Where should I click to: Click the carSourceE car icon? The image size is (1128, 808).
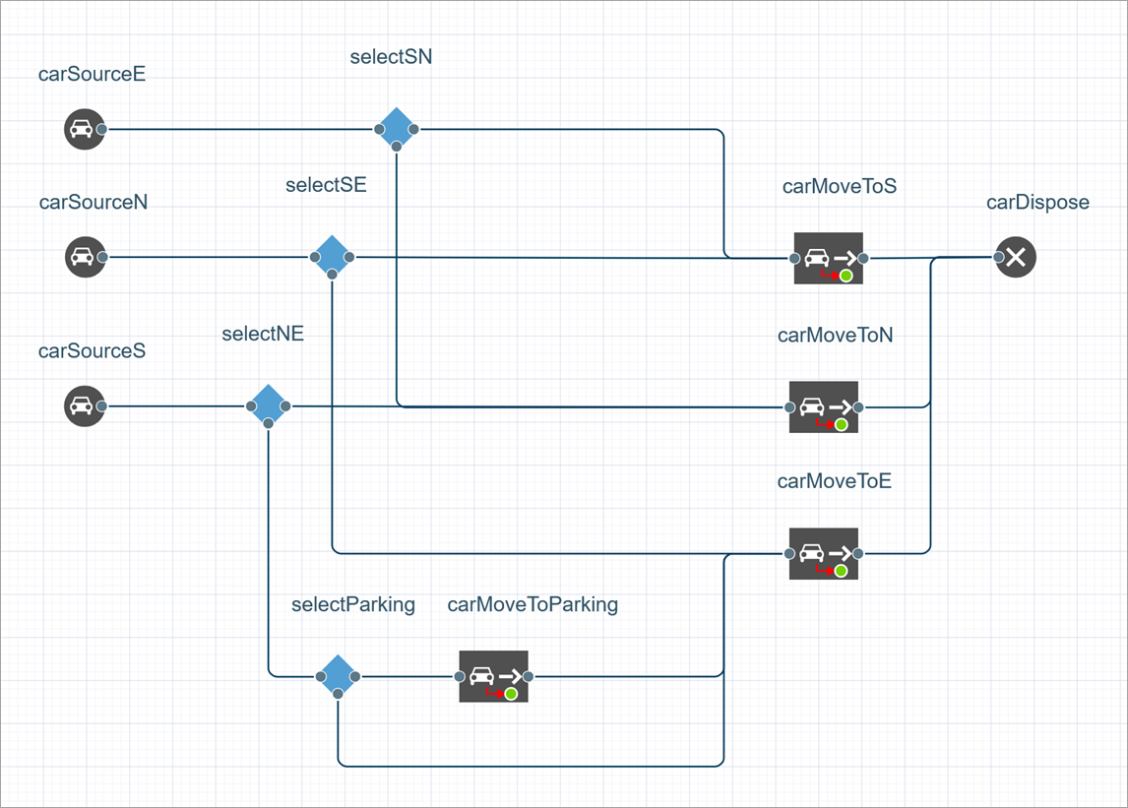click(84, 129)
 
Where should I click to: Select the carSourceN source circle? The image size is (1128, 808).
click(85, 257)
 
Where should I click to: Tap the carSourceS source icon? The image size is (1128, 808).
click(84, 405)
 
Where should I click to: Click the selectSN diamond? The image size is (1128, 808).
click(396, 128)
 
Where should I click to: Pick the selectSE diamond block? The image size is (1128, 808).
click(332, 256)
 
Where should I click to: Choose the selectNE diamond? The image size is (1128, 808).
click(268, 404)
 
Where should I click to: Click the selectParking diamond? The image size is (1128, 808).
click(338, 676)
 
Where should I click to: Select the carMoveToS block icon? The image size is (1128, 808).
click(828, 258)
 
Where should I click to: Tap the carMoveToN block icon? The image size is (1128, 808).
click(823, 406)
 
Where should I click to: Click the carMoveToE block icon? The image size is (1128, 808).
click(823, 553)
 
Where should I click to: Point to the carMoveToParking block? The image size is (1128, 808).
click(493, 676)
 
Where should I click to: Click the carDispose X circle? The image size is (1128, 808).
click(1017, 258)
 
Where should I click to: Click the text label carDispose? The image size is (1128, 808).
click(1037, 203)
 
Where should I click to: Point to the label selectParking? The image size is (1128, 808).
click(352, 604)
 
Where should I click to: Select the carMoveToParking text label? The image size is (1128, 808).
click(533, 604)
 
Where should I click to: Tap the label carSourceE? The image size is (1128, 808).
click(93, 74)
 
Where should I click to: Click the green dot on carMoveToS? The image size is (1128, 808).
click(846, 277)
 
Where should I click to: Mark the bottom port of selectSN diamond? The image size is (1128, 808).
click(396, 146)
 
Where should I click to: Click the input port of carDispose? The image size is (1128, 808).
click(999, 258)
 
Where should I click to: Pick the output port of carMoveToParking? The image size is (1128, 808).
click(529, 677)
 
